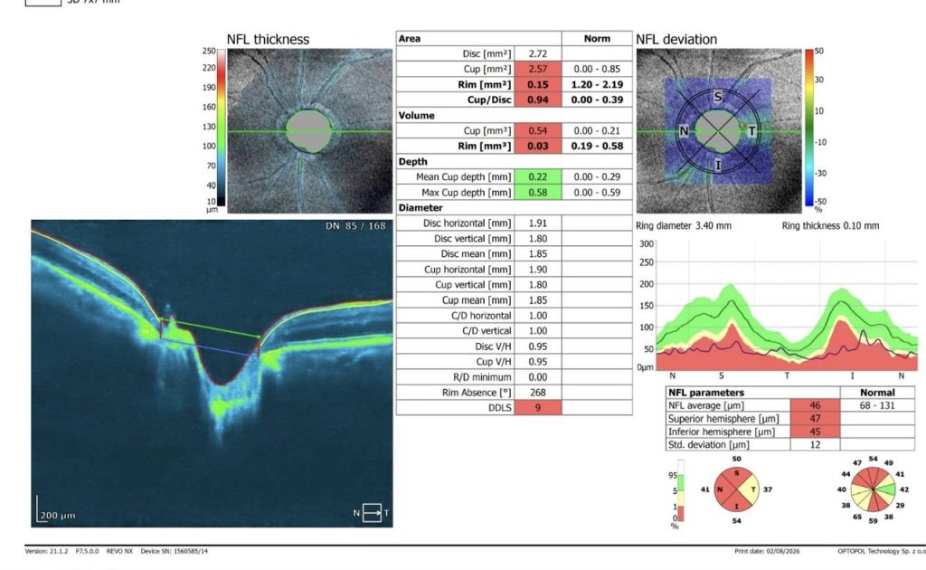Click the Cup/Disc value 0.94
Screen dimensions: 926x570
(537, 100)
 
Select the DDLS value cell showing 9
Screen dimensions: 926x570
(537, 407)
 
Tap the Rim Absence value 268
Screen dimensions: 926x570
(537, 392)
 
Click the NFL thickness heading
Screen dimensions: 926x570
(268, 40)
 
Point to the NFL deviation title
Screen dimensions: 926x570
(676, 40)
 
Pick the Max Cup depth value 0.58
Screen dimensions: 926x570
(537, 193)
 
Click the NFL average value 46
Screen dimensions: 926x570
(815, 406)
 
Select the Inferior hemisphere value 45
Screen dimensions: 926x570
(815, 432)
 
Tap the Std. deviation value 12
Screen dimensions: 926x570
(815, 445)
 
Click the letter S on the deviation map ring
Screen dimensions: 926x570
(717, 97)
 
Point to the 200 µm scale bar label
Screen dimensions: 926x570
(58, 516)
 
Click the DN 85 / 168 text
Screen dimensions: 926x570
(355, 225)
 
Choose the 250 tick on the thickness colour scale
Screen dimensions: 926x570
(209, 51)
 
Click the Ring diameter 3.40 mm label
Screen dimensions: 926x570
(684, 225)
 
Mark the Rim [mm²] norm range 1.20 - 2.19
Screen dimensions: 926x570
(597, 84)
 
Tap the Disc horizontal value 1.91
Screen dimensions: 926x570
(537, 223)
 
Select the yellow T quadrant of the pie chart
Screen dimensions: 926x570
(749, 489)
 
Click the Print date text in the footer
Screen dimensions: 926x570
(767, 551)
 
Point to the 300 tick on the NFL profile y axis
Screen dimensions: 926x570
(646, 244)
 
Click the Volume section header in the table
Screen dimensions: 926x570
(416, 115)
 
